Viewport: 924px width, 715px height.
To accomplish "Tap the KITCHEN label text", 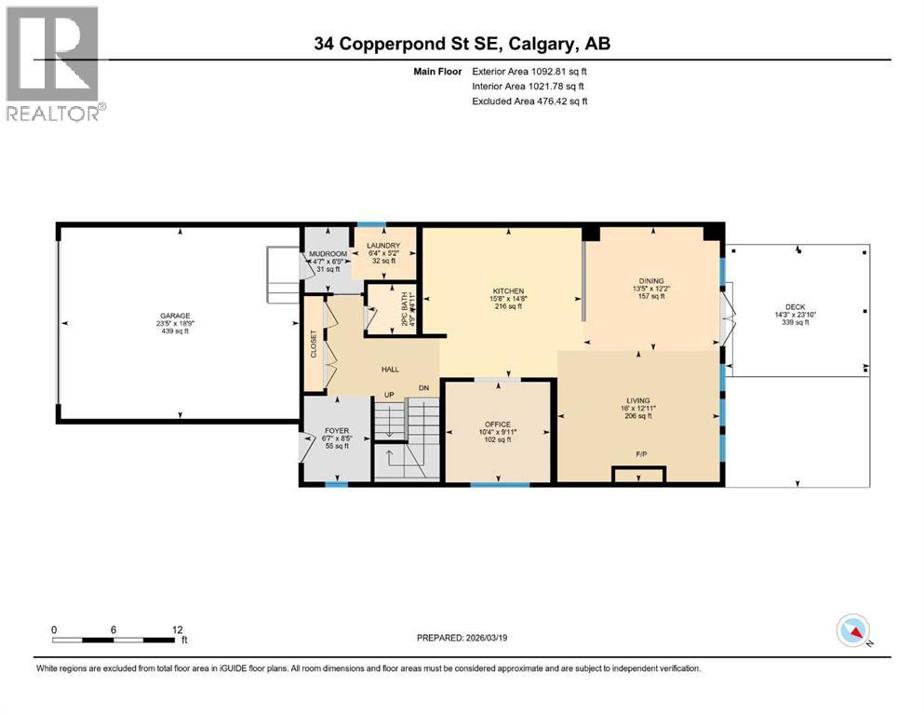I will (x=508, y=291).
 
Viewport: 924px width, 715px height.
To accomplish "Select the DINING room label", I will (x=651, y=279).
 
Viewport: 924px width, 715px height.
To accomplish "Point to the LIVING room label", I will (x=638, y=400).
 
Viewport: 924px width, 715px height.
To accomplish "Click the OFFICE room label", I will (x=498, y=425).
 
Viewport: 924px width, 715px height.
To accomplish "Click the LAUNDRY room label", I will (x=383, y=245).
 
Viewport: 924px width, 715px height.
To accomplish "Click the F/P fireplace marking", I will (x=641, y=455).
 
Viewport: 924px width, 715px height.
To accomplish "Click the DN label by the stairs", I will (x=423, y=387).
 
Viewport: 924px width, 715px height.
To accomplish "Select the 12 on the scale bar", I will (x=178, y=629).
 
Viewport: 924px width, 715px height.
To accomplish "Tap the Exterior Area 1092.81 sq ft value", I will (x=529, y=72).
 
